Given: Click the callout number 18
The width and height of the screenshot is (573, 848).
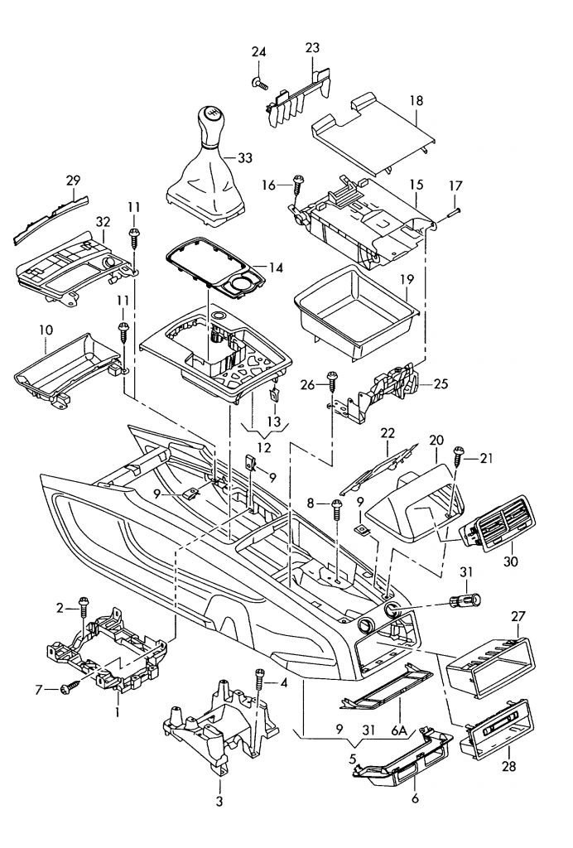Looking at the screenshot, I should pos(416,100).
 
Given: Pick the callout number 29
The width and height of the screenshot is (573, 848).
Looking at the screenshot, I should pos(73,180).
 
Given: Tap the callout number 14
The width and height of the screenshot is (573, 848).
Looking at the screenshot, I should pos(276,267).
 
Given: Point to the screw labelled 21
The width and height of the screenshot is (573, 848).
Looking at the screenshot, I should pos(460,455).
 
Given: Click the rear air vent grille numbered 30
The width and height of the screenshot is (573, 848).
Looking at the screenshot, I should pos(500,521).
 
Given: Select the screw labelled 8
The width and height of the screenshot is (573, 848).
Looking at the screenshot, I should pos(337,505).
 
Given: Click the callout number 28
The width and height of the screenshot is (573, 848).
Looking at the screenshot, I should pos(508,767).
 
